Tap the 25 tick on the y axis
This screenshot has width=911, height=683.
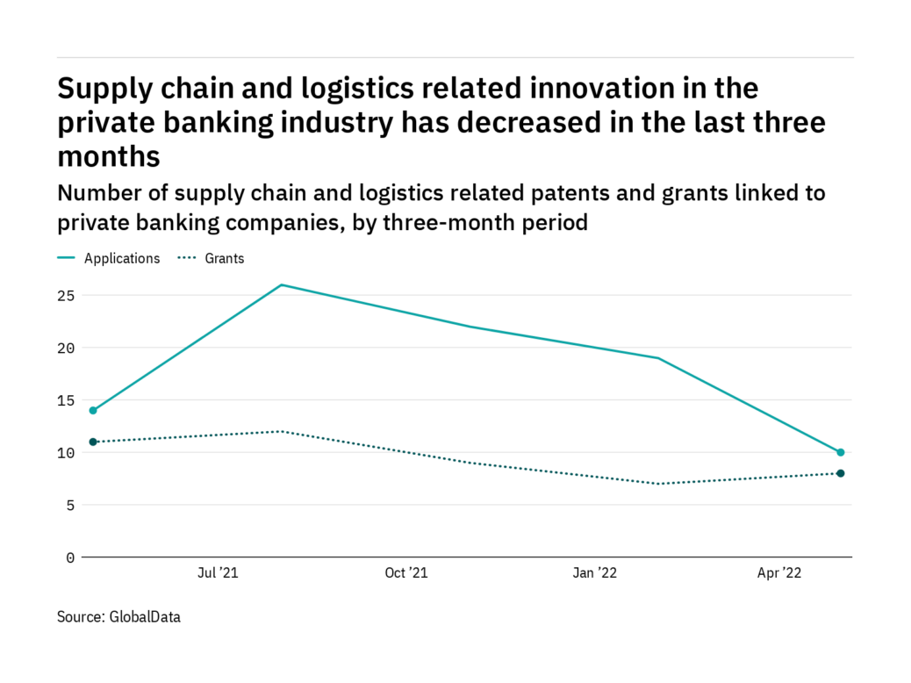click(66, 296)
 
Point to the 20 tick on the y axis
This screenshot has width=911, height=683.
click(66, 349)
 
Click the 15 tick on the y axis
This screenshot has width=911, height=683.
click(66, 400)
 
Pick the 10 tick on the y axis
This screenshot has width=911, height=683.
click(66, 453)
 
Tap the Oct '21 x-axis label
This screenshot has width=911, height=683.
click(406, 573)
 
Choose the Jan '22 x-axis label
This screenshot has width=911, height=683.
click(595, 573)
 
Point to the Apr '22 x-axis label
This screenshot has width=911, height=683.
click(780, 573)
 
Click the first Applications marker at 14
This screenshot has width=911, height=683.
click(93, 410)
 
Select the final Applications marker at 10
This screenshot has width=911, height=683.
click(841, 452)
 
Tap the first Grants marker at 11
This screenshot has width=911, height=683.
click(93, 442)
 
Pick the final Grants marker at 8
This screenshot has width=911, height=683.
click(841, 473)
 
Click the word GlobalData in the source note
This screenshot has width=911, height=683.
click(145, 617)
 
